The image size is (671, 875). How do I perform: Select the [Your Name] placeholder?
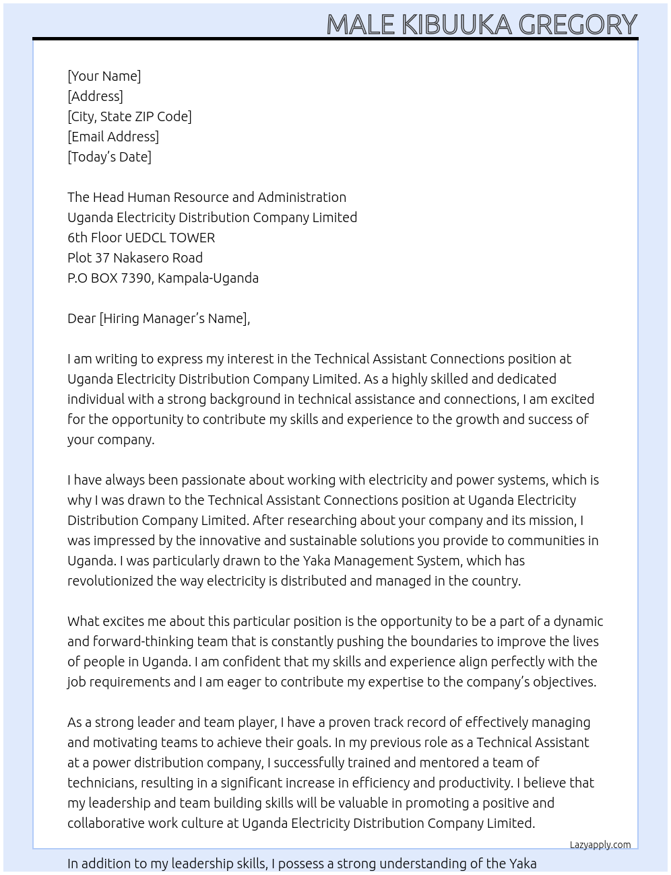point(104,76)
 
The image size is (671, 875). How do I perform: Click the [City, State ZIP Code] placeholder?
point(129,116)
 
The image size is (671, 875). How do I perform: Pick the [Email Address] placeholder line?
point(113,137)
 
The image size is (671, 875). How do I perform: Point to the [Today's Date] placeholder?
point(109,157)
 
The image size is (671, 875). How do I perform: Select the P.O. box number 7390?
point(137,278)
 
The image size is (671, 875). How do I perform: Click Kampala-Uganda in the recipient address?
point(208,278)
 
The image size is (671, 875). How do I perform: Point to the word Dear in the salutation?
point(82,318)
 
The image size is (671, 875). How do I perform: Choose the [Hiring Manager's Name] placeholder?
point(174,318)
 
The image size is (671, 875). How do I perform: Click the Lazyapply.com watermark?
point(600,845)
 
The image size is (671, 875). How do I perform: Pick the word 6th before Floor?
point(78,238)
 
